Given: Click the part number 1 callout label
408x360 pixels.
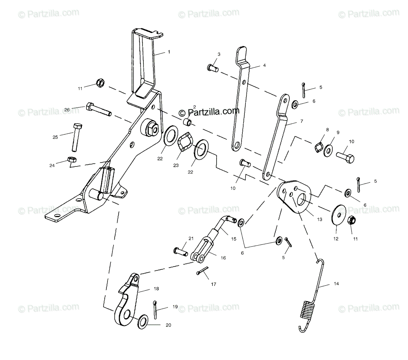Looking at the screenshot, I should pos(169,52).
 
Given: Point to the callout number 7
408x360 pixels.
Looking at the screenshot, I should pos(302,121).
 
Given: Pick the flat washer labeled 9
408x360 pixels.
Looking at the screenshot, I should pos(328,149).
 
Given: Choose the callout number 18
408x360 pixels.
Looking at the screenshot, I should pos(156,289).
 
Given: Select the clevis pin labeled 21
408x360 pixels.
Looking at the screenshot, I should pos(181,252).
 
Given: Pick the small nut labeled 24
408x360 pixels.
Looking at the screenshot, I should pos(72,159).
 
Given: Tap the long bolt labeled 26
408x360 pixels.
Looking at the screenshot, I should pos(99,109).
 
